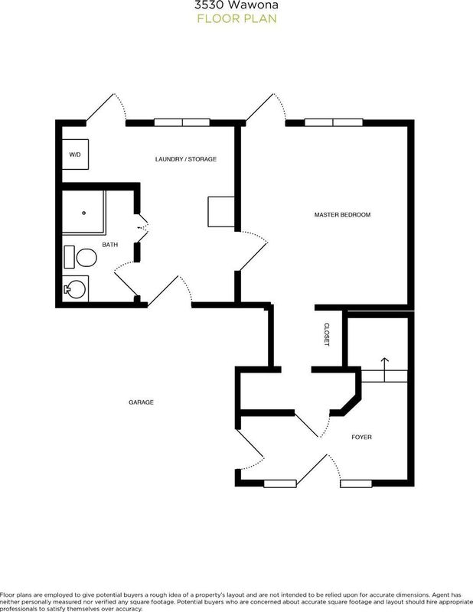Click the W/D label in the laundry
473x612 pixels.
[75, 155]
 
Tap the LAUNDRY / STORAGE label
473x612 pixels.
[185, 159]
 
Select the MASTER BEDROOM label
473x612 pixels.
[342, 215]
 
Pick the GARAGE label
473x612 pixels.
[140, 402]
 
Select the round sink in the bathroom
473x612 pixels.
[75, 288]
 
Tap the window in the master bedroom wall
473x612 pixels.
[334, 121]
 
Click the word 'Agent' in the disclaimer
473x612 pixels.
[442, 594]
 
